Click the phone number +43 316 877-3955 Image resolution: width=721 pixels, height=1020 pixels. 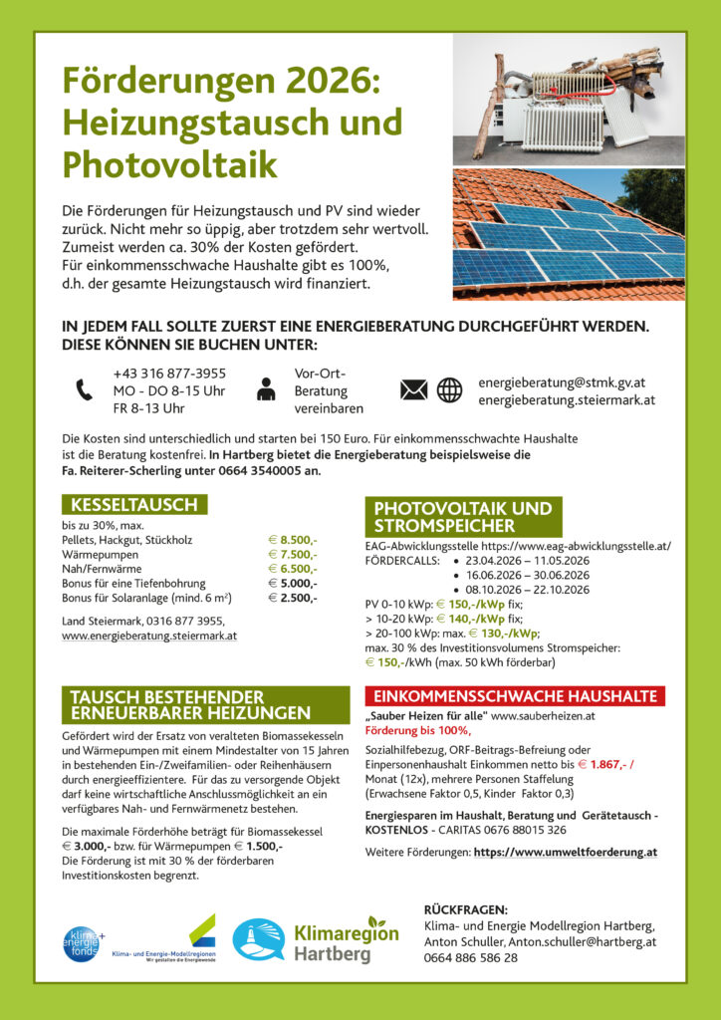(x=169, y=374)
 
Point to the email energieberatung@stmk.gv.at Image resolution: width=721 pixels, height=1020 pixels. (x=564, y=382)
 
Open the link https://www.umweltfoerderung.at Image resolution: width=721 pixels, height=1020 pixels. (x=565, y=853)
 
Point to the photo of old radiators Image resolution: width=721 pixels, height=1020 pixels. (x=569, y=99)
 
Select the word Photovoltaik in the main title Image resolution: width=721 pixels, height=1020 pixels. (x=170, y=163)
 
